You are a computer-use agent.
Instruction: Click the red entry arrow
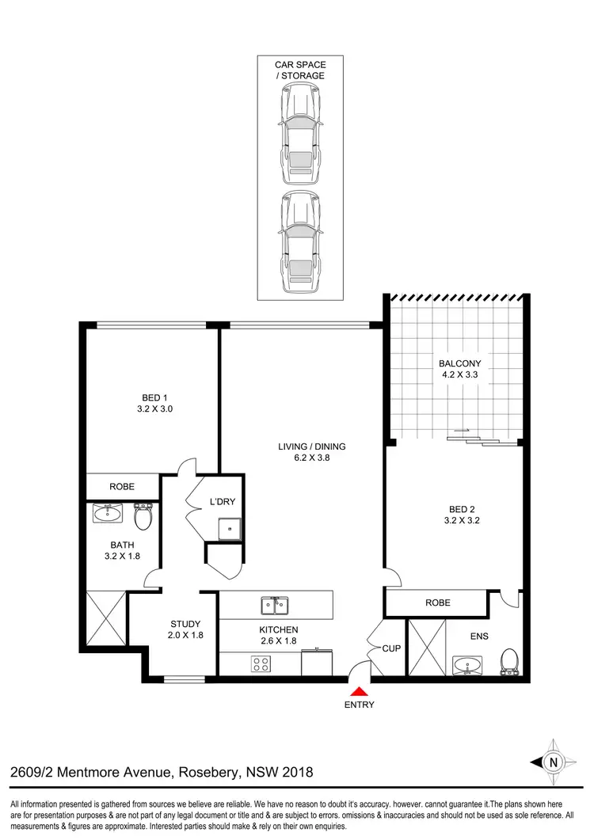click(x=360, y=691)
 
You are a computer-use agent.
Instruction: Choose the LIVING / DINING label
click(x=311, y=452)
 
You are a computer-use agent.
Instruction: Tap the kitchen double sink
click(x=273, y=606)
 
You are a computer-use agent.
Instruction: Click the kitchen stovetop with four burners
click(x=262, y=664)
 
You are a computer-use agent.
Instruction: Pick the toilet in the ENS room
click(x=509, y=661)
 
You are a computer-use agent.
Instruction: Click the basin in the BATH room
click(x=108, y=515)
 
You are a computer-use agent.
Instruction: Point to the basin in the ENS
click(x=466, y=665)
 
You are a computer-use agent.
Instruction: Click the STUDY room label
click(x=185, y=629)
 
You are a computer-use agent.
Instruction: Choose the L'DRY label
click(x=223, y=502)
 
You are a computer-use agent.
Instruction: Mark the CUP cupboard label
click(x=391, y=648)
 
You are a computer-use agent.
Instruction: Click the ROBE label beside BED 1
click(x=122, y=486)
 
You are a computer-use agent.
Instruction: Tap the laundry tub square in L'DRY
click(x=229, y=527)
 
